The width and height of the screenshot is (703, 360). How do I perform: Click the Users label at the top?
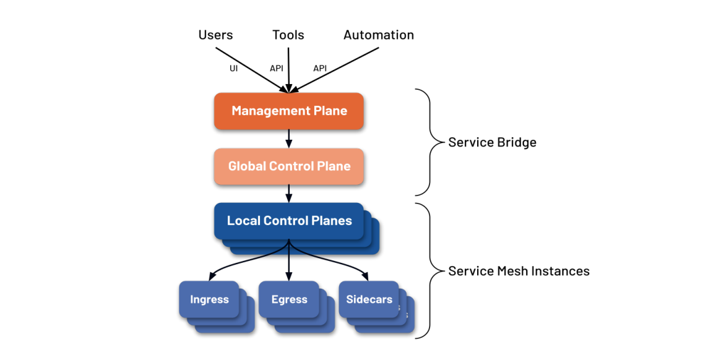[x=215, y=35]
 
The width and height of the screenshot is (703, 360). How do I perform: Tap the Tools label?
[x=288, y=35]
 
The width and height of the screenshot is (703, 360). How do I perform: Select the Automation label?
[x=379, y=35]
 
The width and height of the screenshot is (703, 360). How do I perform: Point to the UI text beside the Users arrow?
[x=233, y=69]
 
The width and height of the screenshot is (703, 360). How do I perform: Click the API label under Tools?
[x=277, y=69]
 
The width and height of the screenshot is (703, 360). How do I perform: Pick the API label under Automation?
[x=320, y=69]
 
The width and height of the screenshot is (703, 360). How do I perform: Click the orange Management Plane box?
[x=289, y=111]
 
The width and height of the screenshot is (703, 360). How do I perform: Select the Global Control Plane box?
[x=289, y=166]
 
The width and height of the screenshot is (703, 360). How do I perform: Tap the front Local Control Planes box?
[x=289, y=221]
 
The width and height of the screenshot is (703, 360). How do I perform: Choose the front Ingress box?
[x=209, y=300]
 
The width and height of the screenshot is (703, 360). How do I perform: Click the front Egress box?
[x=289, y=300]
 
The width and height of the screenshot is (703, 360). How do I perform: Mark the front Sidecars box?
[x=369, y=300]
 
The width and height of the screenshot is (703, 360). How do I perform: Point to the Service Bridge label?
[x=492, y=143]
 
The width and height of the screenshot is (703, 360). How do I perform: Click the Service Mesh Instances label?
[x=519, y=271]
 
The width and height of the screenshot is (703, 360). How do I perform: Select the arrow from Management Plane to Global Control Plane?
[x=289, y=139]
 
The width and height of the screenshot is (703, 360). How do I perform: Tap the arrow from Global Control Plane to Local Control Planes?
[x=289, y=193]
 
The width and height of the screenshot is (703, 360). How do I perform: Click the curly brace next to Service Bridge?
[x=427, y=142]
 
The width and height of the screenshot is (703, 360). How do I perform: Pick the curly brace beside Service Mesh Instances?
[x=427, y=271]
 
